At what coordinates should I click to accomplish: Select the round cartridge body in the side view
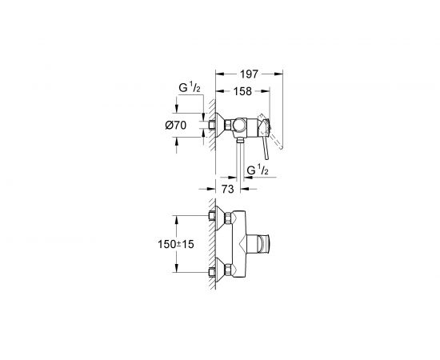pyautogui.click(x=240, y=126)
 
